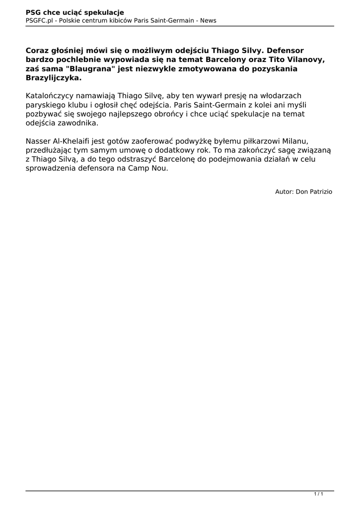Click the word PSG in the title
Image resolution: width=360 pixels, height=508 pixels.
pos(33,12)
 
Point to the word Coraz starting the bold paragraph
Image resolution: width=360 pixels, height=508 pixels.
pos(38,51)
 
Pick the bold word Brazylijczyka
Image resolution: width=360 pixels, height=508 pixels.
pos(54,78)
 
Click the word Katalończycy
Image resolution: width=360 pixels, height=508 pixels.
pos(49,96)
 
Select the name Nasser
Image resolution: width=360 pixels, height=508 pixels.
pos(39,141)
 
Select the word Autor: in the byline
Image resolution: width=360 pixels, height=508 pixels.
pos(284,191)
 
